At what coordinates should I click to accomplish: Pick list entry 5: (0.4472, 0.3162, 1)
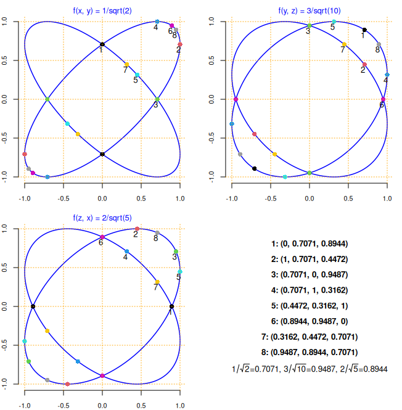point(310,290)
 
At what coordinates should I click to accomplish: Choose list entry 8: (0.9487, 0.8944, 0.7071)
point(310,353)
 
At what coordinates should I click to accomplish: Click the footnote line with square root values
point(310,369)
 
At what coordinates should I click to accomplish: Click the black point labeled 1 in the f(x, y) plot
point(102,44)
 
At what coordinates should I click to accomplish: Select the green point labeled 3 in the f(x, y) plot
point(157,99)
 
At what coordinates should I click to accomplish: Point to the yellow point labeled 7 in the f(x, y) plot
point(127,64)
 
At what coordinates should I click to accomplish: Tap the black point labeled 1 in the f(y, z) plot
point(364,30)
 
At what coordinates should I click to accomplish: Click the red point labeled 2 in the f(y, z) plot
point(364,64)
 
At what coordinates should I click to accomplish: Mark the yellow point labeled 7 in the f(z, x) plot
point(157,282)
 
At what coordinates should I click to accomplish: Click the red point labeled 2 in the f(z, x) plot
point(137,229)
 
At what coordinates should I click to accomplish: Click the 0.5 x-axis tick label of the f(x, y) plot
point(141,199)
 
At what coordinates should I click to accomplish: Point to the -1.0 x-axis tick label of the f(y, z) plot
point(232,199)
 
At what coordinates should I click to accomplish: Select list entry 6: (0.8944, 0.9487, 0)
point(310,322)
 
